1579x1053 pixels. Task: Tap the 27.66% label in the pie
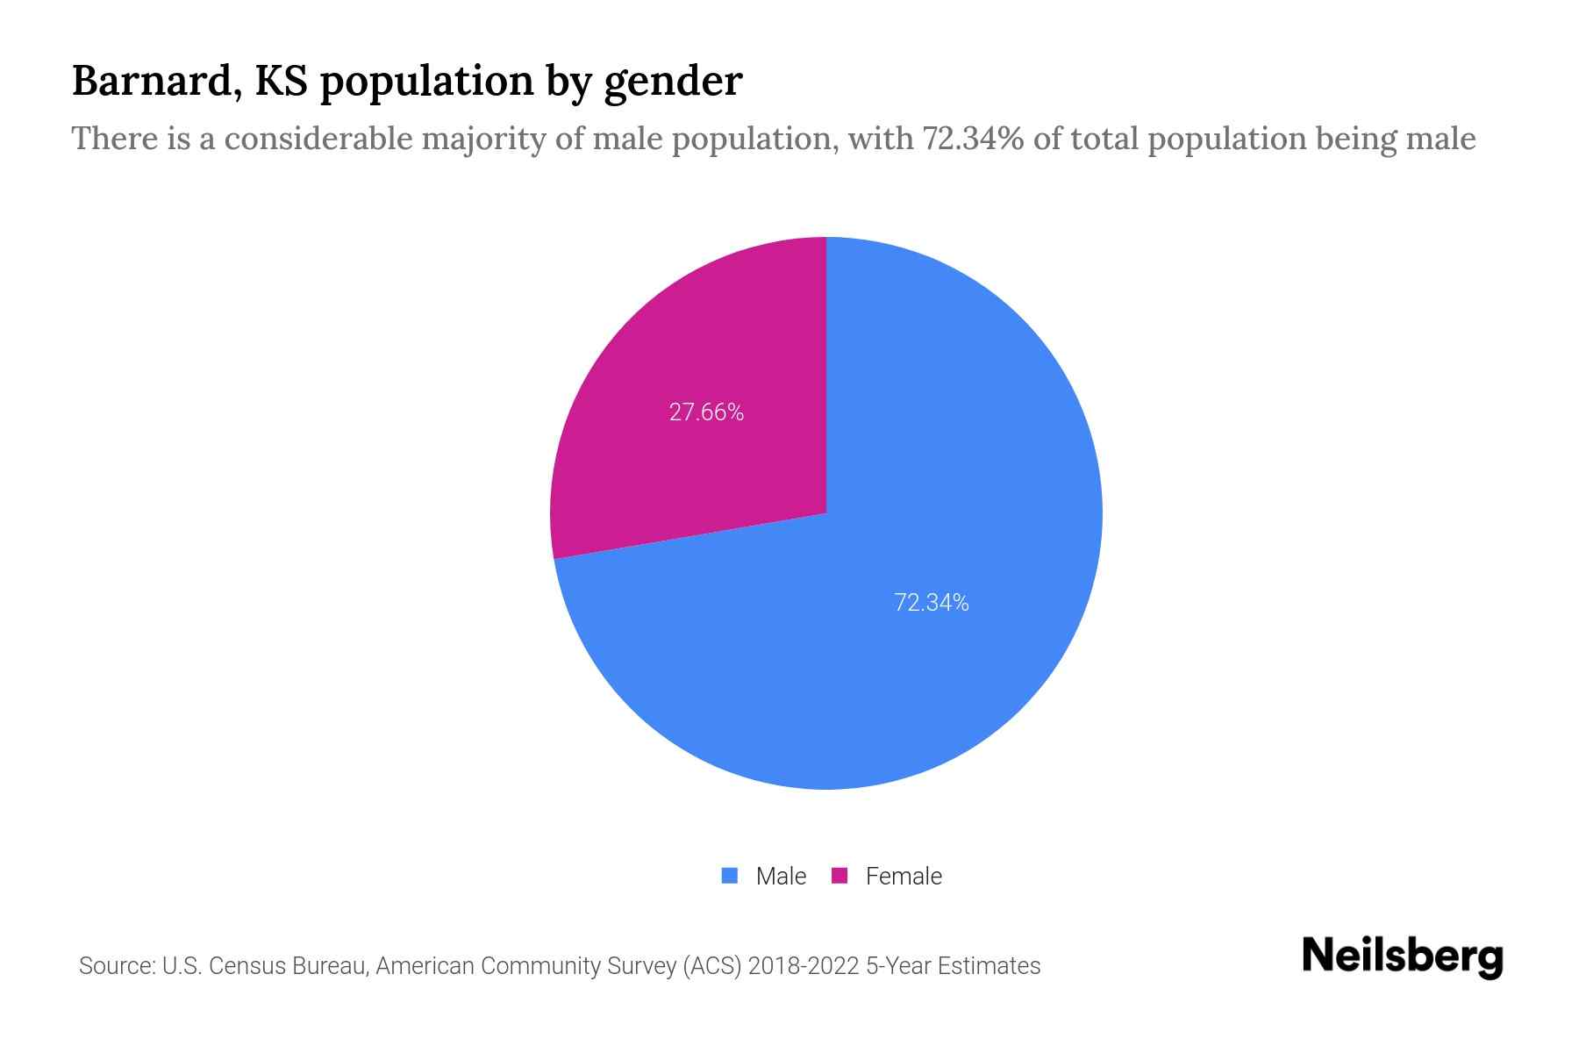coord(706,412)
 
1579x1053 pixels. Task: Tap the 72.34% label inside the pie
coord(931,603)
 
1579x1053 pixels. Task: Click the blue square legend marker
coord(729,876)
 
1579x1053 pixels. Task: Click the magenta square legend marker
coord(840,876)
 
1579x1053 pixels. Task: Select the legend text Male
coord(781,877)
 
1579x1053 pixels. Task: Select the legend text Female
coord(904,877)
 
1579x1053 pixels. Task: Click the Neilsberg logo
coord(1402,956)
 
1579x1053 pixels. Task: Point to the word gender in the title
coord(673,82)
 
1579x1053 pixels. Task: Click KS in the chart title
coord(281,81)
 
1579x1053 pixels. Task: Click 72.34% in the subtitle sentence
coord(972,139)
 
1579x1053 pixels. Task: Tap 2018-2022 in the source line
coord(804,966)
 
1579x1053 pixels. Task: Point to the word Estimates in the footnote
coord(989,966)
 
